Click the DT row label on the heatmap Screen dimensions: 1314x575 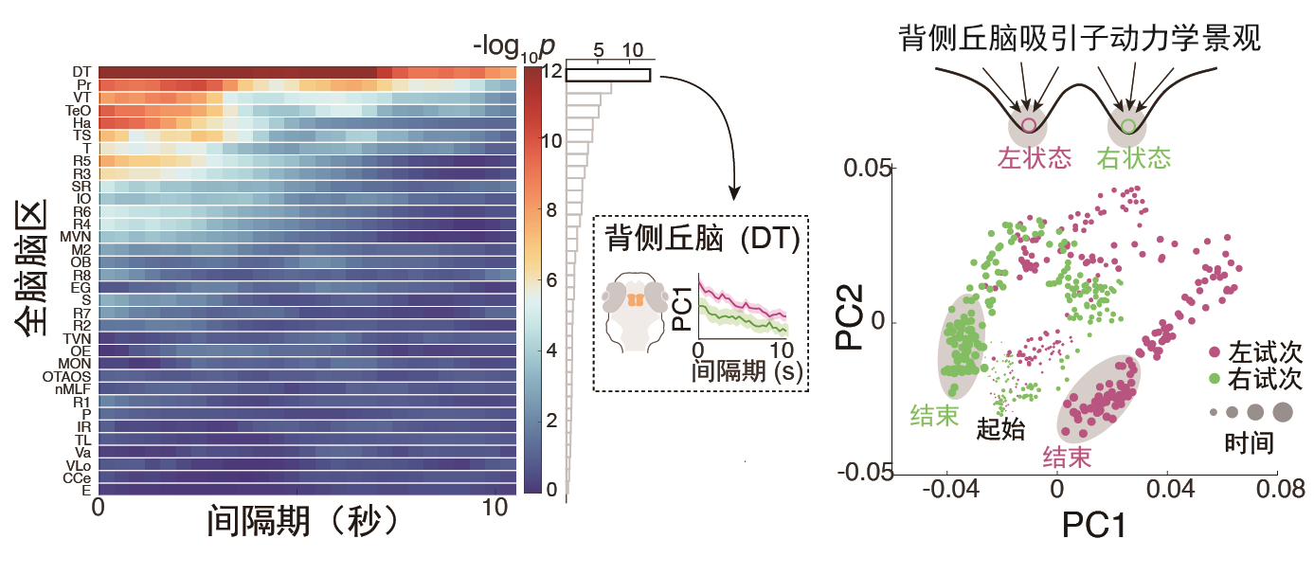81,72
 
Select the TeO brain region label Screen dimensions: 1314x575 78,110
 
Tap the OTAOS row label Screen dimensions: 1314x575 66,376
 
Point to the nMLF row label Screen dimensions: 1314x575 73,389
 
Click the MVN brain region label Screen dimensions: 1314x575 76,237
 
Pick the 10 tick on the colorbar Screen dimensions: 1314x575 551,141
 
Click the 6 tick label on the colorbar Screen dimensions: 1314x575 551,279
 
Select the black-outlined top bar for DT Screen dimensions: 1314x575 608,75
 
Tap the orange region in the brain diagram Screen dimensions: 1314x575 636,300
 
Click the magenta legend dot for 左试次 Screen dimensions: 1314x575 1215,352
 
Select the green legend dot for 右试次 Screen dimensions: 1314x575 1215,379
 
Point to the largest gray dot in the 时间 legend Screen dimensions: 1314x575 1283,412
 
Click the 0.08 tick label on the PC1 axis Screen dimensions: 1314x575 1280,489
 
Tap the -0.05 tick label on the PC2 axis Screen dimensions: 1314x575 865,472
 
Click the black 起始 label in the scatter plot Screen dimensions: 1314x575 1000,429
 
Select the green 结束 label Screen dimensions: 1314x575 934,416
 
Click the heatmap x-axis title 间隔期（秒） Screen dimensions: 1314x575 303,521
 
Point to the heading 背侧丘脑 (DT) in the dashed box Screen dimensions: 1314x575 702,239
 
